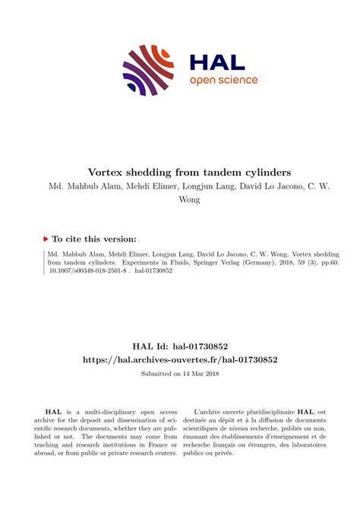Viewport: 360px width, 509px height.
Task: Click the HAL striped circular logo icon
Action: click(x=148, y=70)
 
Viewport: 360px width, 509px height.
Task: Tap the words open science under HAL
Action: click(x=223, y=81)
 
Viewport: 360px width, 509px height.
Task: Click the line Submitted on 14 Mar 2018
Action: click(x=180, y=375)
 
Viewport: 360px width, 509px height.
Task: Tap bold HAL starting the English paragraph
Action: click(x=55, y=409)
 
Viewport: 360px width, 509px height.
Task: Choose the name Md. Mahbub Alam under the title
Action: click(x=81, y=185)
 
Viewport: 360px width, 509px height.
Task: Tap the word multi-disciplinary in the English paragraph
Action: click(x=112, y=409)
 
